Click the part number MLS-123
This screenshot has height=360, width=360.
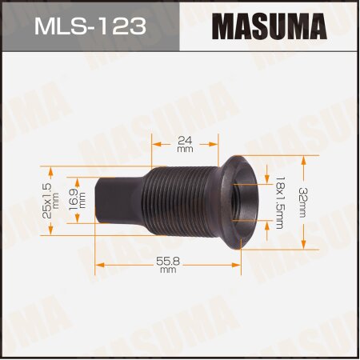pos(90,26)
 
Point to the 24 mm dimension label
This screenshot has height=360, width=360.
pos(184,143)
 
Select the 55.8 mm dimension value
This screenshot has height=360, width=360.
pos(167,265)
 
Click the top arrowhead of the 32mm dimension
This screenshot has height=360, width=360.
pos(304,158)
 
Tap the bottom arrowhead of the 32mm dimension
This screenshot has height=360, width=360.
pos(304,246)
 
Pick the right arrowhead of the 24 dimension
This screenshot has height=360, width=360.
pos(215,144)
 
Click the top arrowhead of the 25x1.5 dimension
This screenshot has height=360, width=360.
pos(50,170)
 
